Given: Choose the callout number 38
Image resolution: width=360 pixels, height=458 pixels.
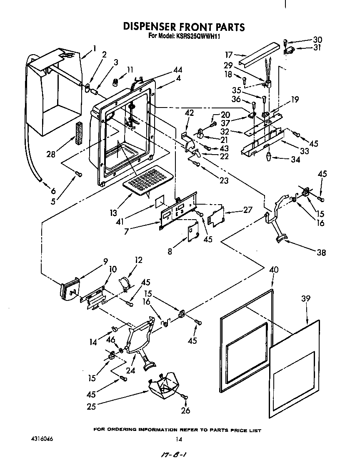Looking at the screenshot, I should [x=321, y=252].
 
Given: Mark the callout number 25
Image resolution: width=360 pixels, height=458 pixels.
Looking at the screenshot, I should [x=91, y=406].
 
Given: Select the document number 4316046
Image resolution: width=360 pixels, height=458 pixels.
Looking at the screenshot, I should [x=42, y=439].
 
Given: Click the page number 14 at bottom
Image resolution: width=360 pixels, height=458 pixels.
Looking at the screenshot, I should [x=179, y=439].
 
